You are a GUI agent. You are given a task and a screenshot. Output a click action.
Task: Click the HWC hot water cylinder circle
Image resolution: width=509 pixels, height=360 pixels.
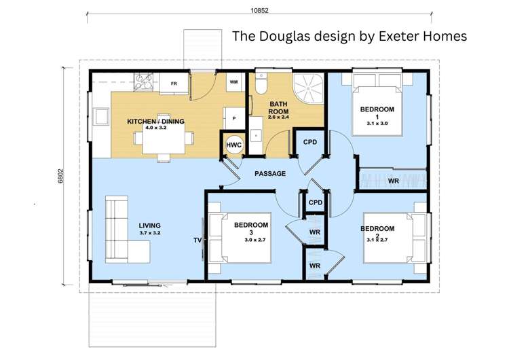[233, 145]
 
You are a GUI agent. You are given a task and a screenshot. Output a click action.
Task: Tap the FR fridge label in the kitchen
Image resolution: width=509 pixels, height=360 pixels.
[174, 84]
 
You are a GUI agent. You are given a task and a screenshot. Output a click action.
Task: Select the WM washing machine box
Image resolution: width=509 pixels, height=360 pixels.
[233, 82]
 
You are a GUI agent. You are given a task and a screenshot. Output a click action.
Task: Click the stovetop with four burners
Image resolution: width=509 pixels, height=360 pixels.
[144, 82]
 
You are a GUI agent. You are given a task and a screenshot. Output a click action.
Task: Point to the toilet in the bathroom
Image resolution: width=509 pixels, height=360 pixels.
[261, 83]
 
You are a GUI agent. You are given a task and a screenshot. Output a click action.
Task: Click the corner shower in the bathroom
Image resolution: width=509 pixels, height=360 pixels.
[308, 88]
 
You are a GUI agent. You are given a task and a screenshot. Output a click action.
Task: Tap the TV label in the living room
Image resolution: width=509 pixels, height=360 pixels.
[197, 240]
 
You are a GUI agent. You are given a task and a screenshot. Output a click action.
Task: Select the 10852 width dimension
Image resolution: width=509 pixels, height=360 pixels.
[259, 10]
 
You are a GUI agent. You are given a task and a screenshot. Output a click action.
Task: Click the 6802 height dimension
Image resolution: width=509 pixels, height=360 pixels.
[60, 176]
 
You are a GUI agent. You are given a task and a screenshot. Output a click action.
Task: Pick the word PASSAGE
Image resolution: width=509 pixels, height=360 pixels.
[270, 174]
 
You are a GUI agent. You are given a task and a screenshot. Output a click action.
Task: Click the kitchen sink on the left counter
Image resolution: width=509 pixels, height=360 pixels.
[101, 117]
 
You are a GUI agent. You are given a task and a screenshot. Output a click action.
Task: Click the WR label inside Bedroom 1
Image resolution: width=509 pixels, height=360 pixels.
[394, 181]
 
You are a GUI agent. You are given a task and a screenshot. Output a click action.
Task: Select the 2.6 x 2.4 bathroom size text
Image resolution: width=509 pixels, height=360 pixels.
[278, 117]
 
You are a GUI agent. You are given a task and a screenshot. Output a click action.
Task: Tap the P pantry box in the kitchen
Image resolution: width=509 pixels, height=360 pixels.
[233, 118]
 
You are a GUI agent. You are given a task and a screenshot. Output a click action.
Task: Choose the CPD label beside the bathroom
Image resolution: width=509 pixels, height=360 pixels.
[310, 143]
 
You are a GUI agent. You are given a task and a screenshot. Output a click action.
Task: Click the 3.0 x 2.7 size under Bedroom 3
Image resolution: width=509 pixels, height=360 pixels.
[255, 240]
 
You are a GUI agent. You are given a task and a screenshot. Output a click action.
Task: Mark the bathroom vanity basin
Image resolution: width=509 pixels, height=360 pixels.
[256, 135]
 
